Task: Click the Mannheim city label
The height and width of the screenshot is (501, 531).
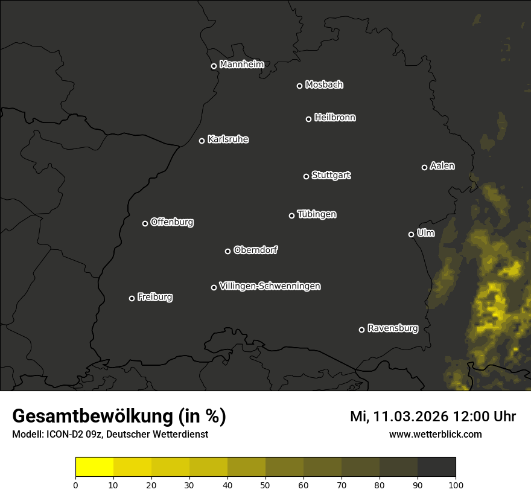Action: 241,65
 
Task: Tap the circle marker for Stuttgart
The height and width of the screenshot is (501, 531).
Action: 306,176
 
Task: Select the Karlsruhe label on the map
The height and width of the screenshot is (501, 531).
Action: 227,139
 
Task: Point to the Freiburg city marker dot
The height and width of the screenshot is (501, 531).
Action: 132,298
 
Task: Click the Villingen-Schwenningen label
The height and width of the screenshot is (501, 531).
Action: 270,286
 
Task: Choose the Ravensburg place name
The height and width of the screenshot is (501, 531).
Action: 392,328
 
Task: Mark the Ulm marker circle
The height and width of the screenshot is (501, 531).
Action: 411,234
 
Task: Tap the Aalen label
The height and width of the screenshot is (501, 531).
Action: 442,166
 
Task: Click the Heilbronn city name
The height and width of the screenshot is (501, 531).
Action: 334,118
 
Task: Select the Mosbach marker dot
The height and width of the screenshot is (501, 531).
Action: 299,86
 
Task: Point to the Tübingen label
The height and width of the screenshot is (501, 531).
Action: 316,214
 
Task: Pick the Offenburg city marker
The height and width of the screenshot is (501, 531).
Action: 145,223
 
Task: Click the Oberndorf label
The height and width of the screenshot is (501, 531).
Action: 255,250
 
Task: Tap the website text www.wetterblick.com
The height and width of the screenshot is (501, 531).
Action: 435,434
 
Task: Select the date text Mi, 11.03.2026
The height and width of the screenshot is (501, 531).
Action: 398,416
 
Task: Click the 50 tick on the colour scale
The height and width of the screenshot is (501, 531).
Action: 265,485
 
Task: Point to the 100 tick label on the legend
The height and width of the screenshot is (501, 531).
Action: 456,485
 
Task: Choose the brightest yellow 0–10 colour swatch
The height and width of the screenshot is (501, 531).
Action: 95,467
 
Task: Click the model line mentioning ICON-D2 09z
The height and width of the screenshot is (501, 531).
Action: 110,435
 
